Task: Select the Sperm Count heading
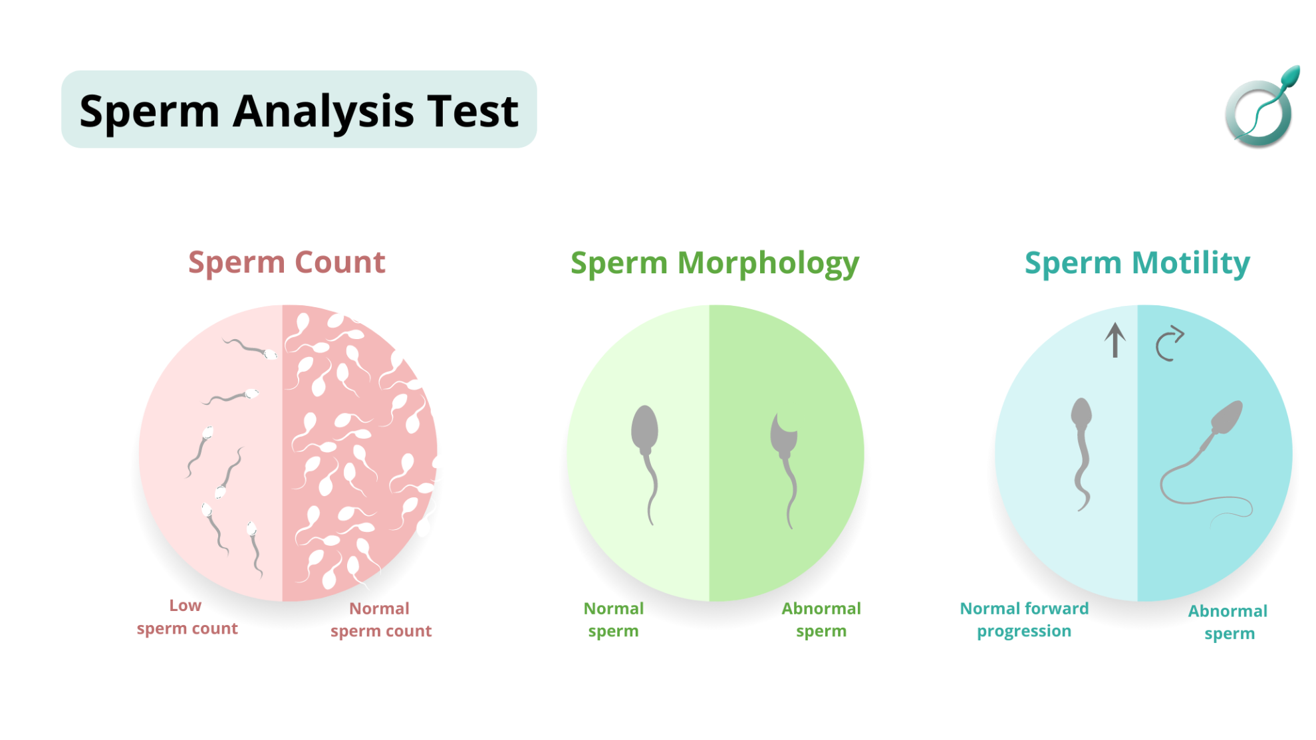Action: pos(287,262)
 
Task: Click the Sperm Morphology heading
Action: pos(715,263)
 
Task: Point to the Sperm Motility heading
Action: pos(1137,263)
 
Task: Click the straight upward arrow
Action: pos(1115,340)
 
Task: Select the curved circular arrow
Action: pos(1168,344)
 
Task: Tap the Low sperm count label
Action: pos(187,617)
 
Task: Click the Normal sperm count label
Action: pos(381,620)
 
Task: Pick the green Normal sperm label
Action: pos(613,620)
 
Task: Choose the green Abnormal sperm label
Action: pos(821,620)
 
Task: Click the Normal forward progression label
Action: pos(1024,620)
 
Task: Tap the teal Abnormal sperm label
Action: pos(1228,622)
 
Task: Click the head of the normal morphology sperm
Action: pos(644,428)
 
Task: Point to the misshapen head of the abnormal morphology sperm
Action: pos(783,435)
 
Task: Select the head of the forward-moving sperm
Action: pos(1081,412)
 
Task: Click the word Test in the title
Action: pos(473,111)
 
